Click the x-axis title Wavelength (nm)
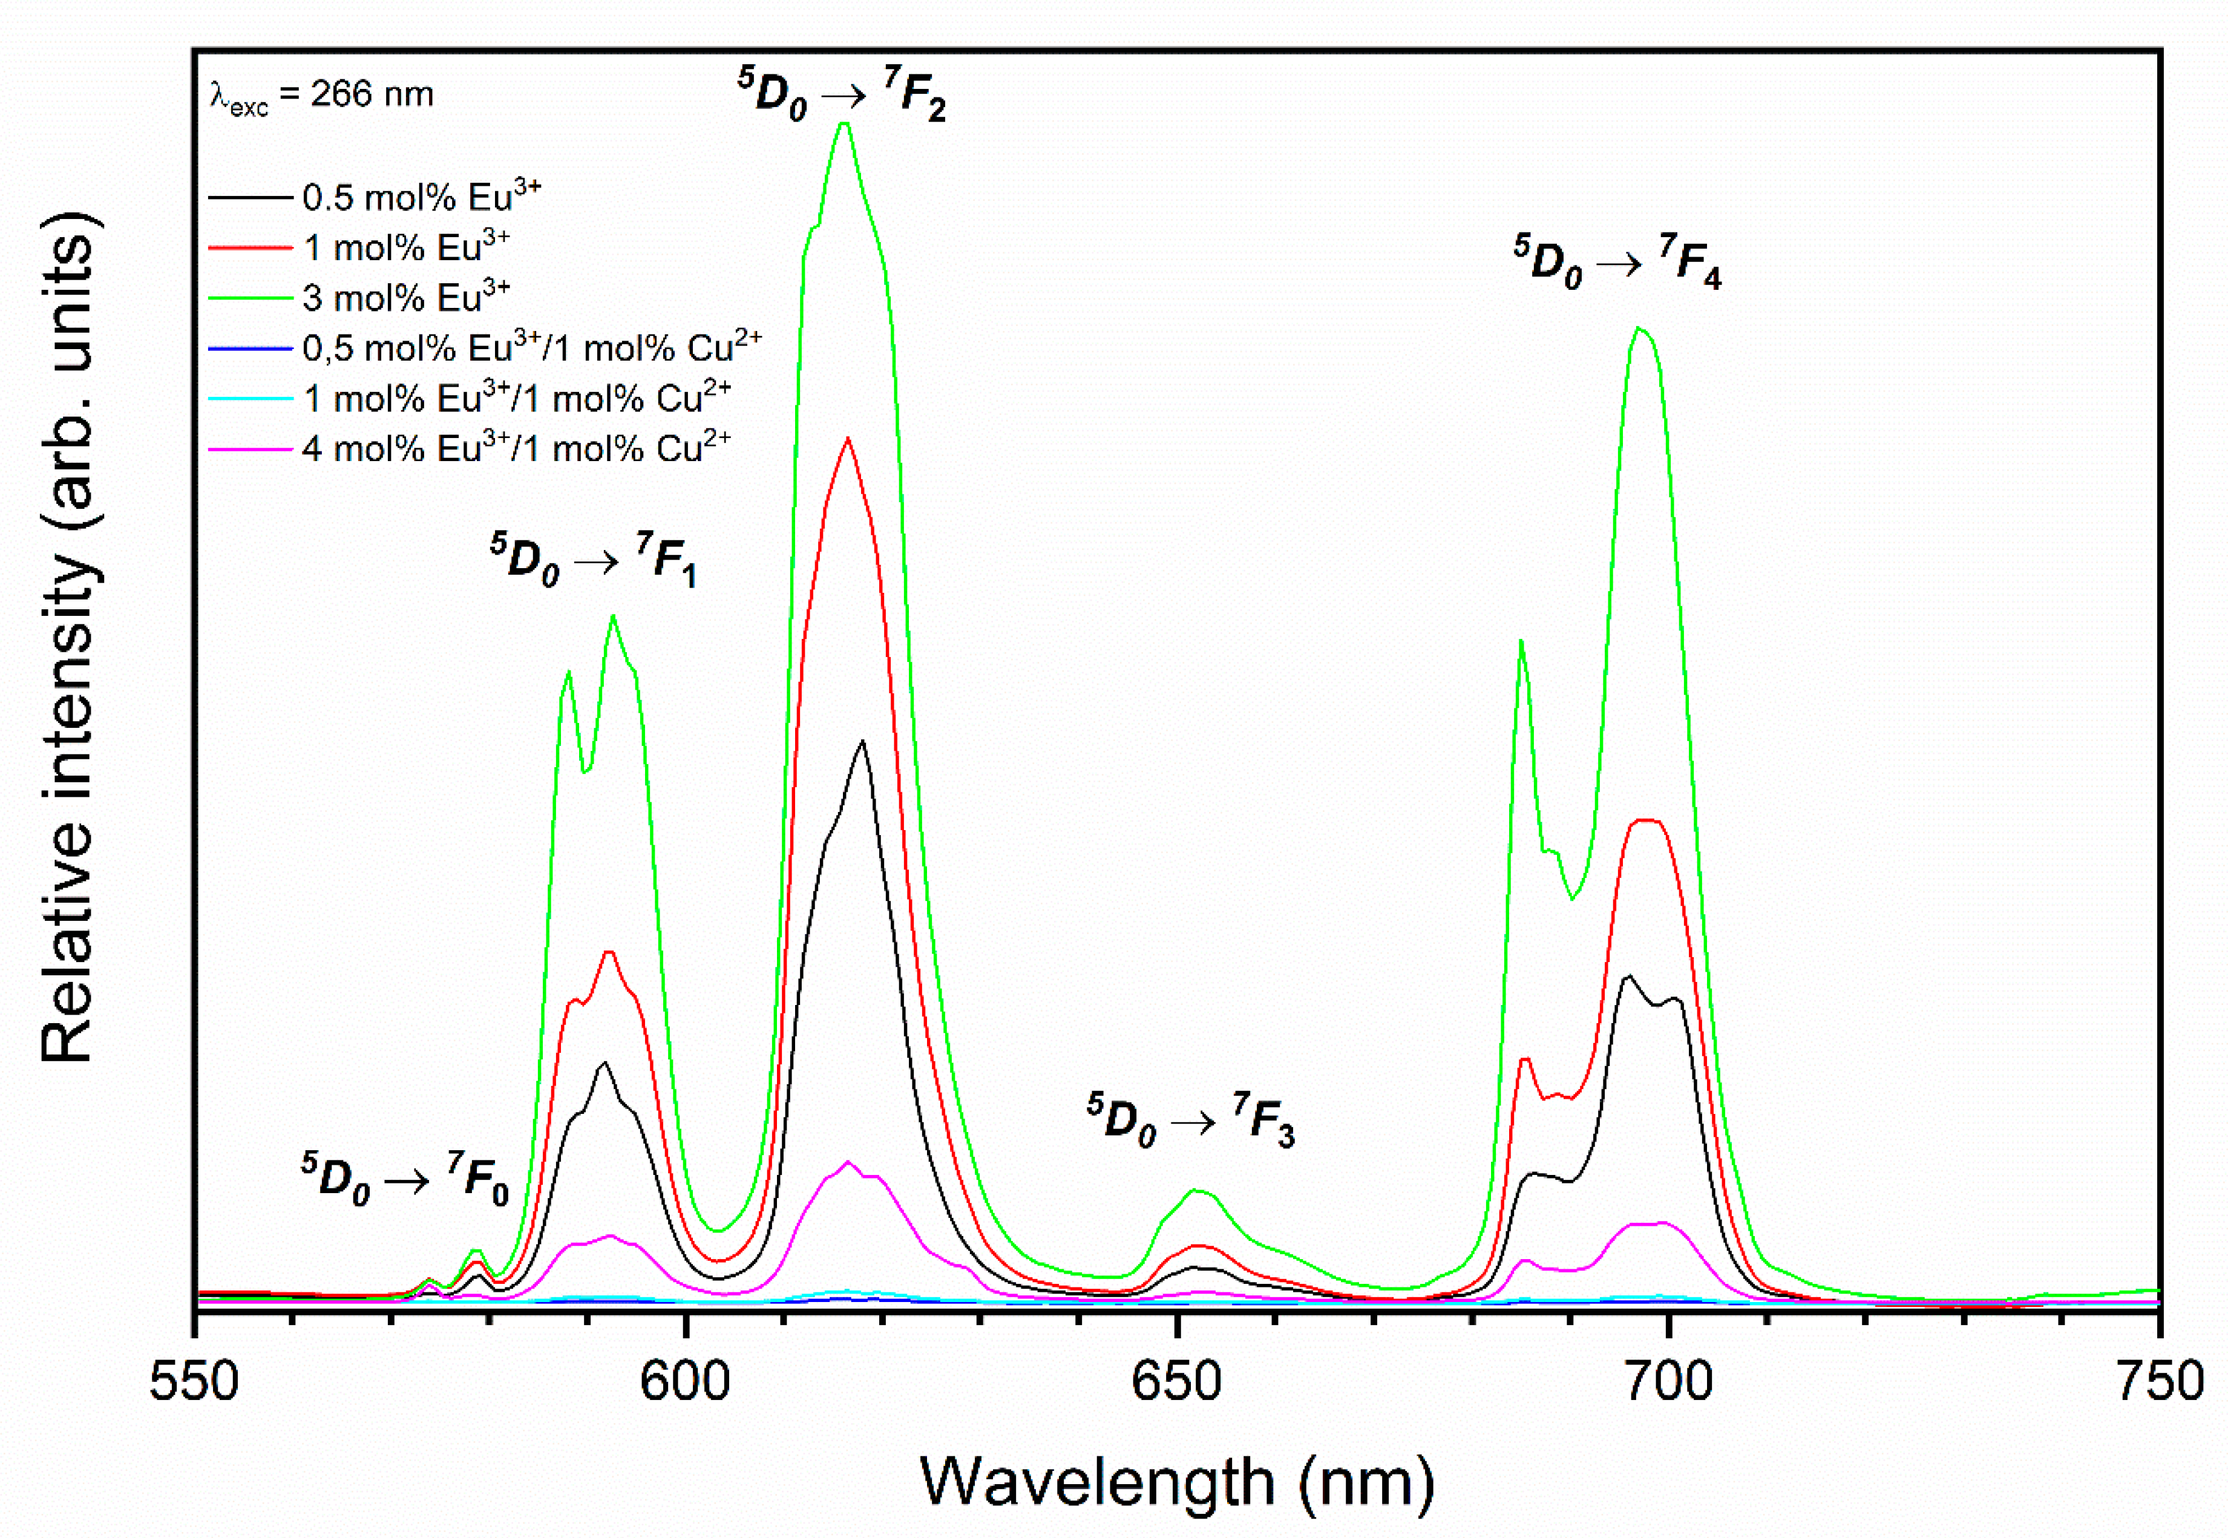click(1177, 1481)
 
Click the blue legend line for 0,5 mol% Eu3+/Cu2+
click(251, 348)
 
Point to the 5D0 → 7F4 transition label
click(1616, 262)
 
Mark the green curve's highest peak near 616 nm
click(844, 123)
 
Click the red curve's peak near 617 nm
click(848, 439)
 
